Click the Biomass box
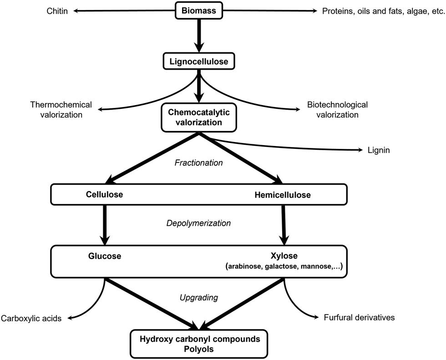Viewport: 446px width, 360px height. [x=198, y=11]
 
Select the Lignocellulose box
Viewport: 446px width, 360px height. [x=199, y=61]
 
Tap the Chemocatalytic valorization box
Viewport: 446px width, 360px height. [x=199, y=117]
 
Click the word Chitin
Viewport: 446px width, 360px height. [x=57, y=11]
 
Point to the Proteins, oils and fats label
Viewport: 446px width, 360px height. [x=383, y=11]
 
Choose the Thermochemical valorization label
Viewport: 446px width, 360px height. [x=61, y=110]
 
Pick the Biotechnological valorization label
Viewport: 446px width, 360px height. [x=337, y=110]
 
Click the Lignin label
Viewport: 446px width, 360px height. [x=379, y=150]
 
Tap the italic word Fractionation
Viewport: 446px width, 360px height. [x=198, y=162]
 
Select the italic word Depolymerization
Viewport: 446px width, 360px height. [x=198, y=223]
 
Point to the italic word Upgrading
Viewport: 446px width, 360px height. [x=199, y=298]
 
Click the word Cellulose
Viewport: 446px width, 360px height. [x=104, y=194]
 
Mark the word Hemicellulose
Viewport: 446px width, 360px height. [x=283, y=195]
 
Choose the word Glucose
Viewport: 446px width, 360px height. [x=105, y=256]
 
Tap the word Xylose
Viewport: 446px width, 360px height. [x=284, y=256]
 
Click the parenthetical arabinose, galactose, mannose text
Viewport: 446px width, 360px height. [x=284, y=266]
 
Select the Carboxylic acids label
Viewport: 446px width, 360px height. [x=31, y=318]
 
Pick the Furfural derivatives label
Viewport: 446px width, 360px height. [x=359, y=317]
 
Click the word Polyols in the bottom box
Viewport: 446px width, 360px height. [x=199, y=349]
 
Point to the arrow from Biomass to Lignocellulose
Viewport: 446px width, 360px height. [x=199, y=36]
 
